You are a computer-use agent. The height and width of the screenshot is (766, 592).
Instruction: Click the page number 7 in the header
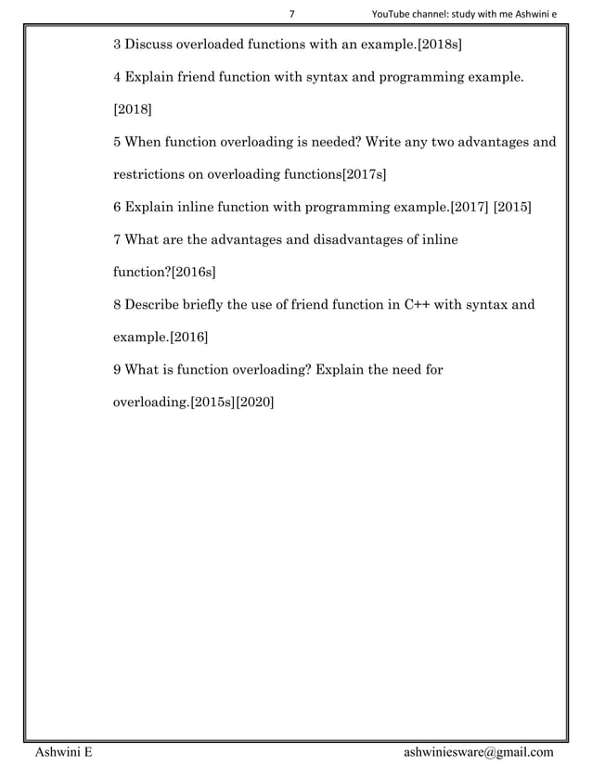(x=292, y=14)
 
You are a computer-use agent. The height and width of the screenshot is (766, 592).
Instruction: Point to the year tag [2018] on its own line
(x=133, y=109)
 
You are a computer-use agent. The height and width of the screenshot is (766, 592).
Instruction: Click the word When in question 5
(x=144, y=142)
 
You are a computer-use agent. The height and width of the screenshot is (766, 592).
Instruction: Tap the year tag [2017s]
(x=365, y=173)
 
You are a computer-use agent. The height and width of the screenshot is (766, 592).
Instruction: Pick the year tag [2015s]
(x=212, y=403)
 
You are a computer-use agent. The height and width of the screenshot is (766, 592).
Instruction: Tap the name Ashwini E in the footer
(x=63, y=751)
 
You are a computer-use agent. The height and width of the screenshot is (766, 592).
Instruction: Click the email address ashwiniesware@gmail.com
(x=479, y=751)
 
